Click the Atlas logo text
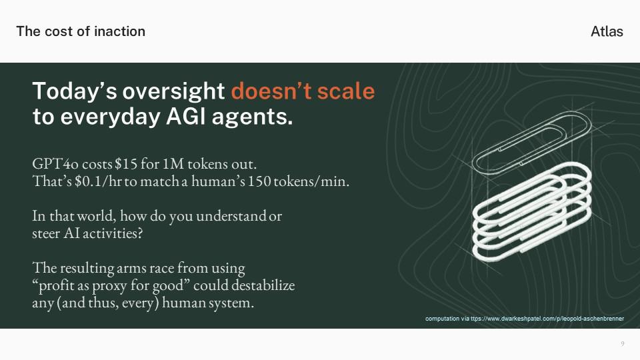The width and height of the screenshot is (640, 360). tap(607, 31)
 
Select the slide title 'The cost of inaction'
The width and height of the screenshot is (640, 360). tap(81, 31)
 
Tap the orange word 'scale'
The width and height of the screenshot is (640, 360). tap(346, 91)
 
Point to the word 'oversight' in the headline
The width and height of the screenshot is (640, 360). tap(174, 91)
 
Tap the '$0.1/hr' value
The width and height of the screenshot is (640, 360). tap(98, 181)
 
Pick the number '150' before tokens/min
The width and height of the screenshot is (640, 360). tap(259, 181)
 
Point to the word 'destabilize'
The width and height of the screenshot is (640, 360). tap(263, 285)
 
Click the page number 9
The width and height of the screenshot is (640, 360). tap(623, 344)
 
